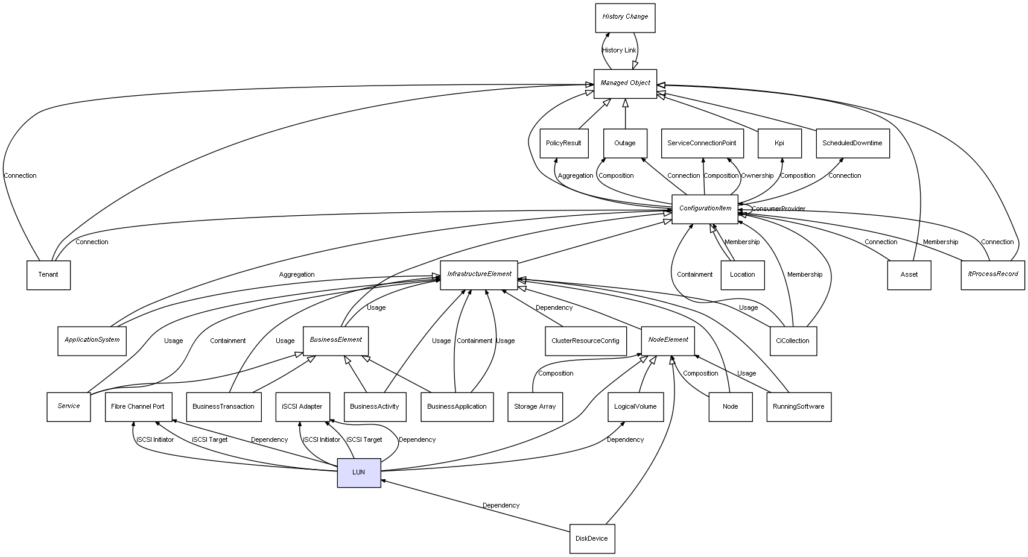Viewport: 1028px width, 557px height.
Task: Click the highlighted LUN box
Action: point(359,473)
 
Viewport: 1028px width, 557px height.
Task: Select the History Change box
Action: point(625,17)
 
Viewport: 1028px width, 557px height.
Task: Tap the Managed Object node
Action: point(625,84)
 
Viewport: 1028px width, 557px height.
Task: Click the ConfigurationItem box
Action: point(705,209)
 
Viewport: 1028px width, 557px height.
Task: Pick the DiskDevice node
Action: point(592,538)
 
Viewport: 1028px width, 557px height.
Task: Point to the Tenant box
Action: point(48,275)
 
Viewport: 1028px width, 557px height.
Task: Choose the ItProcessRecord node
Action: point(992,274)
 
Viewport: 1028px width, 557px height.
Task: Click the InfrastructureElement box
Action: point(479,275)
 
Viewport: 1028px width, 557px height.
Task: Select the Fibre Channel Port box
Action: point(138,407)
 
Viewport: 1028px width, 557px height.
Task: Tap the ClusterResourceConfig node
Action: point(585,341)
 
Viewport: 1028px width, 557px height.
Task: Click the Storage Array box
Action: point(535,407)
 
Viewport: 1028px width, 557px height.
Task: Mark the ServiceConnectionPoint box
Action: point(702,143)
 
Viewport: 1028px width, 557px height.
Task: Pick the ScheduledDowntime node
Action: point(852,143)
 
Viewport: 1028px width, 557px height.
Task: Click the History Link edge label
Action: point(619,50)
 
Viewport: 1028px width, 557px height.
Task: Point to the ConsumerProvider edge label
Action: point(778,209)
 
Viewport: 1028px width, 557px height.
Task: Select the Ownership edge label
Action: point(757,175)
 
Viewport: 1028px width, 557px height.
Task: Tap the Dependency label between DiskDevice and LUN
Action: point(501,505)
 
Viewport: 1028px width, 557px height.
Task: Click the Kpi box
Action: point(779,143)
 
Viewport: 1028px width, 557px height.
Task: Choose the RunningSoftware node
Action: point(799,407)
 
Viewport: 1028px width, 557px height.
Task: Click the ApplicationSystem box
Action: point(92,341)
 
